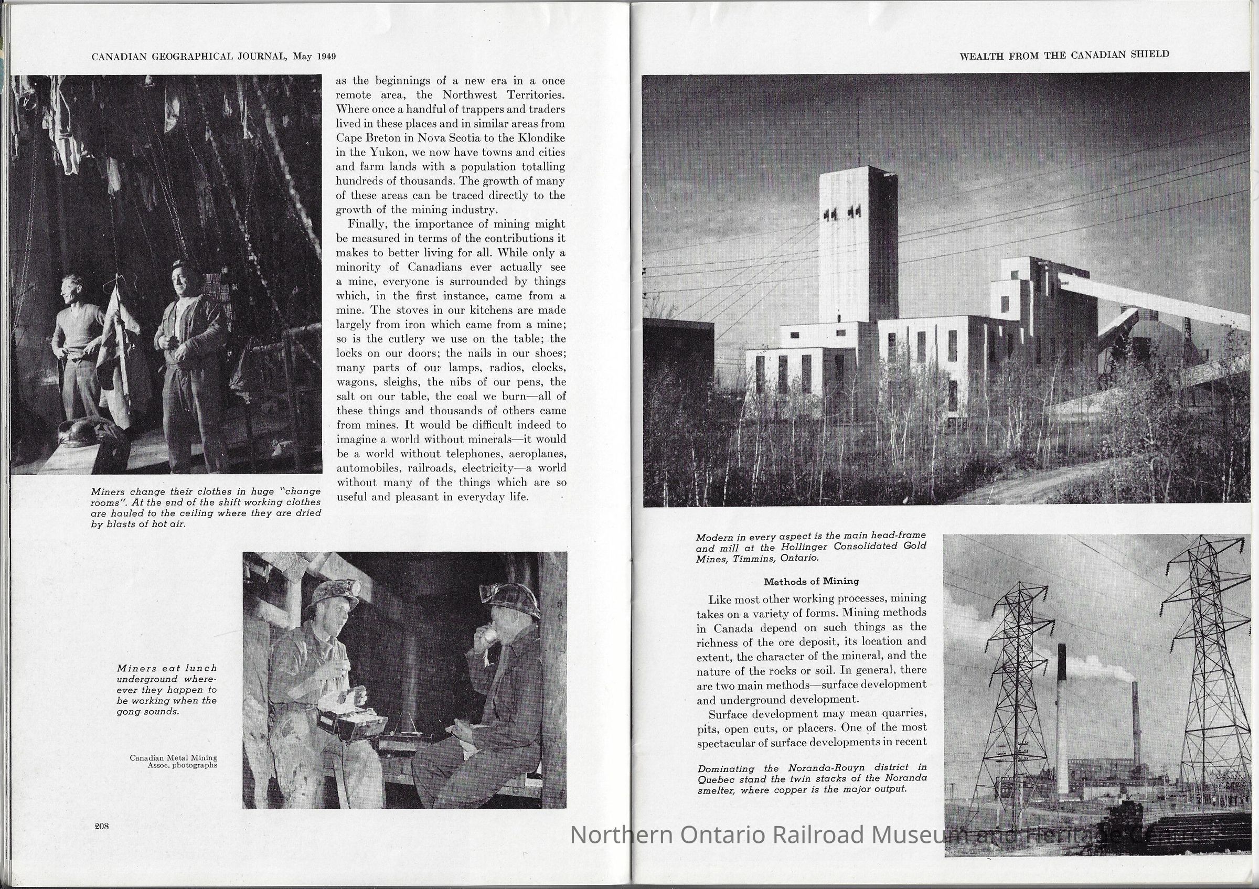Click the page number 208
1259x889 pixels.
tap(102, 827)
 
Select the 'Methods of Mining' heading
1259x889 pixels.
tap(812, 582)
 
